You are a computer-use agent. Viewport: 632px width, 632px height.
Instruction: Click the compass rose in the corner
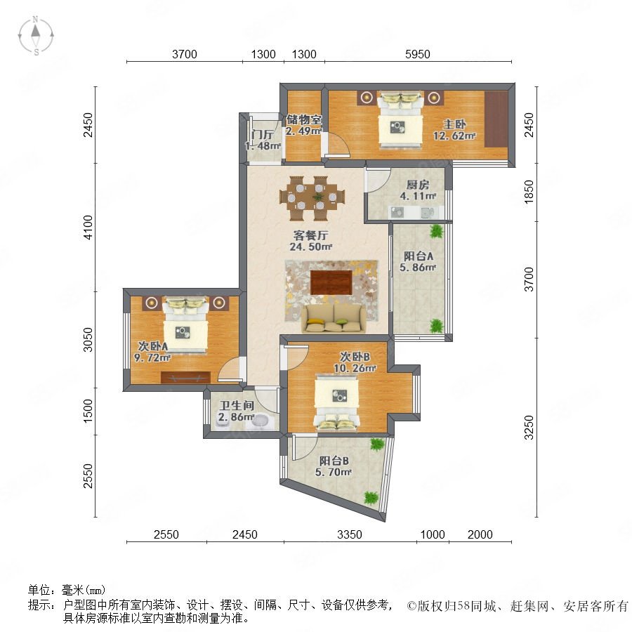pos(36,36)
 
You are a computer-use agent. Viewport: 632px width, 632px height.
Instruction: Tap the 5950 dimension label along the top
pos(418,54)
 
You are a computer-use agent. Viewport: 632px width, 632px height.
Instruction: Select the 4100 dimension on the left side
pos(88,228)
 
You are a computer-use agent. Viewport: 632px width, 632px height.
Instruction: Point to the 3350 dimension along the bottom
pos(350,534)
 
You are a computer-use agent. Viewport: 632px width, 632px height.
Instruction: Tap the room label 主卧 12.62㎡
pos(454,130)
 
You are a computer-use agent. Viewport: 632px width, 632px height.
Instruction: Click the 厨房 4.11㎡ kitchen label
pos(418,190)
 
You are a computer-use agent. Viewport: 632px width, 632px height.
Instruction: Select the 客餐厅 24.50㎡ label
pos(310,241)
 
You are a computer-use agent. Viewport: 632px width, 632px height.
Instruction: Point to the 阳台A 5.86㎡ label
pos(418,262)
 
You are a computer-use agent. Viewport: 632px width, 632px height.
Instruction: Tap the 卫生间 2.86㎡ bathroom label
pos(236,411)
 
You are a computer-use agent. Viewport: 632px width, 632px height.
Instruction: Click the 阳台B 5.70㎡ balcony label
pos(334,466)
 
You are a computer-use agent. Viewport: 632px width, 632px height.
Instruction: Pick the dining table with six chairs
pos(312,198)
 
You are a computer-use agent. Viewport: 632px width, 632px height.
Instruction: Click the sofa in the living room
pos(334,318)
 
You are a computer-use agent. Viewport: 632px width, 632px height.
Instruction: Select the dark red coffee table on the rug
pos(331,282)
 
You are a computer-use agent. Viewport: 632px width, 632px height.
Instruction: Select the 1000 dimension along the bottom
pos(433,534)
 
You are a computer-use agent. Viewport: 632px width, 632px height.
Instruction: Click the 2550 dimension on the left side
pos(88,475)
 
